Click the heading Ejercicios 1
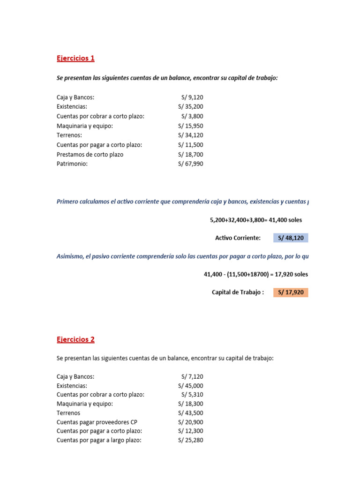coord(75,59)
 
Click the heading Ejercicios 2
coord(75,339)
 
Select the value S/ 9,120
coord(192,97)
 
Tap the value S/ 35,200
coord(191,107)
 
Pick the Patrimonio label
coord(72,164)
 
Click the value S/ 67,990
coord(191,164)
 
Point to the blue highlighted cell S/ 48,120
coord(291,238)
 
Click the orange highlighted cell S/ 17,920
coord(291,292)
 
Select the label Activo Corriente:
coord(238,238)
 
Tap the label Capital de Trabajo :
coord(238,292)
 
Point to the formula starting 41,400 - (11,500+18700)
coord(255,274)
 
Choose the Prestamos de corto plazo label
coord(90,155)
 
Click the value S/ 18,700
coord(191,155)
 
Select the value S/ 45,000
coord(191,386)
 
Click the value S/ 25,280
coord(191,440)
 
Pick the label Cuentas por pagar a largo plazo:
coord(99,440)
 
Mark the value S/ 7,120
coord(192,376)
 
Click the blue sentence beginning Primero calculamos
coord(183,202)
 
